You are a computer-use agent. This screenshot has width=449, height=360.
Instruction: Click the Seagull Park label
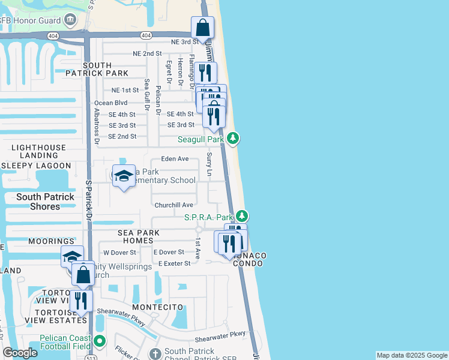[x=200, y=140]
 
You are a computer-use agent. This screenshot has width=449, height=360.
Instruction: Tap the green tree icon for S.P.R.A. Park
[x=241, y=216]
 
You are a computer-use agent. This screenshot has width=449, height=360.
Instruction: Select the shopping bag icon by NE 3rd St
[x=203, y=28]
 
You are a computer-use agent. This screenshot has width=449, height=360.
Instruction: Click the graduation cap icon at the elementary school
[x=123, y=176]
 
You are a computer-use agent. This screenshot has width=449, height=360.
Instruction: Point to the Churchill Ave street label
[x=173, y=205]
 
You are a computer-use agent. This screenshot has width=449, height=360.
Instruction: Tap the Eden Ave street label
[x=175, y=159]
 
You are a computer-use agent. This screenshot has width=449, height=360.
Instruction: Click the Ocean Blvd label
[x=110, y=103]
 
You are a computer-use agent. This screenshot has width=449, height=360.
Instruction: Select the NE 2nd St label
[x=147, y=53]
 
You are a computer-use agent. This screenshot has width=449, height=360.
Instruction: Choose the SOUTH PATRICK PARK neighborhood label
[x=106, y=69]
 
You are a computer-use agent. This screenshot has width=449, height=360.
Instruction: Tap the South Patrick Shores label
[x=46, y=202]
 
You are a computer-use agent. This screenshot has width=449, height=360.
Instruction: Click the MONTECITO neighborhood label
[x=157, y=307]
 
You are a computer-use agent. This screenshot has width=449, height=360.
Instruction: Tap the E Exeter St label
[x=174, y=263]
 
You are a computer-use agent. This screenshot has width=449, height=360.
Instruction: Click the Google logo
[x=20, y=353]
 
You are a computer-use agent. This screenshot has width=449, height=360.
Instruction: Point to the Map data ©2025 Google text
[x=411, y=355]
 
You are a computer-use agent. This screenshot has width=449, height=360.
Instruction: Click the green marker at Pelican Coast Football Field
[x=99, y=342]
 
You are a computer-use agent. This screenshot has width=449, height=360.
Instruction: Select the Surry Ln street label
[x=209, y=164]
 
